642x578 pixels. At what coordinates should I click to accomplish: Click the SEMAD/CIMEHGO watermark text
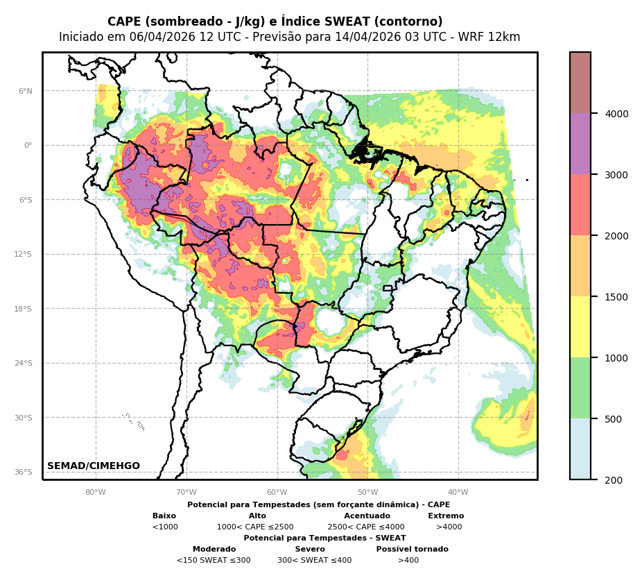[x=94, y=466]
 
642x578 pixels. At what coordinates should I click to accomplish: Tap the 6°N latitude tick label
[x=25, y=91]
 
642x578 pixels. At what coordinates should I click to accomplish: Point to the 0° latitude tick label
[x=28, y=145]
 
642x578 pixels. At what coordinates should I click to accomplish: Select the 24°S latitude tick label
[x=24, y=363]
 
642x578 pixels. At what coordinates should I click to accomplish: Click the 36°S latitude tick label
[x=24, y=472]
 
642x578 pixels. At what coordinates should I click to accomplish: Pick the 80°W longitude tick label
[x=96, y=493]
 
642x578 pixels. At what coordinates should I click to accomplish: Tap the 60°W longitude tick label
[x=277, y=493]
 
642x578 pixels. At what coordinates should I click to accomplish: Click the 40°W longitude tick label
[x=458, y=493]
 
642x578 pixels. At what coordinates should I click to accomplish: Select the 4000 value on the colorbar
[x=616, y=114]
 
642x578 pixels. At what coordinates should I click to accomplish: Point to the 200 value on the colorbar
[x=614, y=480]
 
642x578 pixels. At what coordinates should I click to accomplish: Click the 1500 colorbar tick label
[x=616, y=297]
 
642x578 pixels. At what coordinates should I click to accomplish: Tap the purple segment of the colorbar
[x=580, y=144]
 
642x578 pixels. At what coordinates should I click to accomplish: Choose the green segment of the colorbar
[x=580, y=388]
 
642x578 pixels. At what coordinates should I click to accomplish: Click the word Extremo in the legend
[x=446, y=516]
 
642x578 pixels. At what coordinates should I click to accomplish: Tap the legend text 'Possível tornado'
[x=412, y=550]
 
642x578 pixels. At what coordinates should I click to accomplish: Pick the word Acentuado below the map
[x=367, y=516]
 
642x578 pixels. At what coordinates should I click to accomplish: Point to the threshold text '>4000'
[x=449, y=527]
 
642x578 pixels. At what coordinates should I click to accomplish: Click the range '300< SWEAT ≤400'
[x=314, y=561]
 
